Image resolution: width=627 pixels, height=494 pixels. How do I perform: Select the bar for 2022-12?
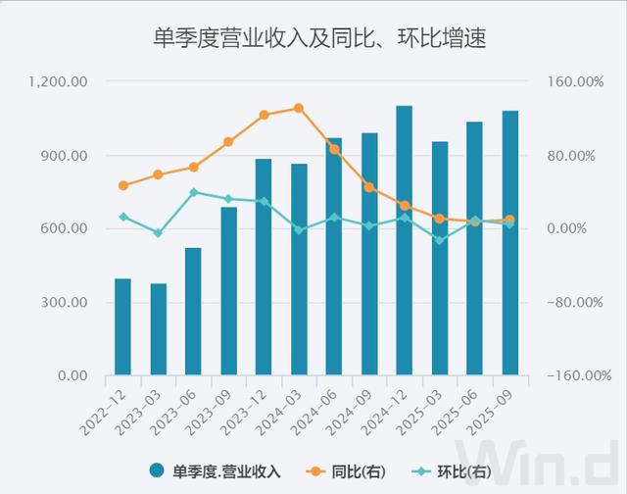(x=122, y=326)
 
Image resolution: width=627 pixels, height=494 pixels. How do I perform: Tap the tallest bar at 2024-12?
(x=405, y=240)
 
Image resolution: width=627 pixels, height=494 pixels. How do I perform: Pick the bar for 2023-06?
(x=193, y=311)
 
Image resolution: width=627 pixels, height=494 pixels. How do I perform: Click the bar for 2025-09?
(x=509, y=243)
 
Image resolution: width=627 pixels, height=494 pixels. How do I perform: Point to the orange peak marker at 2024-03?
(x=299, y=108)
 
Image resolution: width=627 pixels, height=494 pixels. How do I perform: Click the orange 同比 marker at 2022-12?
(x=122, y=185)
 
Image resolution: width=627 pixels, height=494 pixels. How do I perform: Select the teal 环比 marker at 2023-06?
(x=193, y=192)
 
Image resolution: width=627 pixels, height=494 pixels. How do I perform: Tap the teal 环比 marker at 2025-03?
(x=440, y=240)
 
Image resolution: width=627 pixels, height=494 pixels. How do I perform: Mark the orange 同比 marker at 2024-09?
(x=369, y=187)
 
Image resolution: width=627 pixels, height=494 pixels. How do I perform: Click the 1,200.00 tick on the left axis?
(x=60, y=82)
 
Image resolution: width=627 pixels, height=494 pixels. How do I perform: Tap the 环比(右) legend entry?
(x=450, y=471)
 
